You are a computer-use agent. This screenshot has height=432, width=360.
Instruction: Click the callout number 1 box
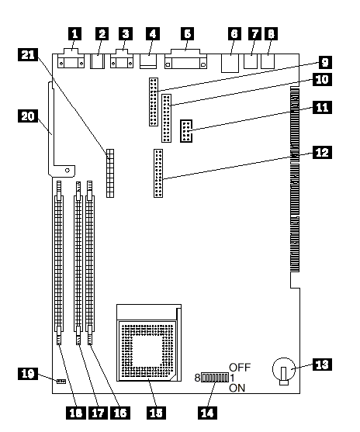click(x=74, y=33)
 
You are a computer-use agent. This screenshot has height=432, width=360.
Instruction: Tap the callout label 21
click(x=28, y=54)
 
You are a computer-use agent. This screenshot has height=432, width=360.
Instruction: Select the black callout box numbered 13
click(x=322, y=365)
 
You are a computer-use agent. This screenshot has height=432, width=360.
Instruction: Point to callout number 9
click(x=325, y=62)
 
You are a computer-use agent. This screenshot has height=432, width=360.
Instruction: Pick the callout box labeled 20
click(x=28, y=116)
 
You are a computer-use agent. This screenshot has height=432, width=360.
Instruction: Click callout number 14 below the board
click(x=208, y=413)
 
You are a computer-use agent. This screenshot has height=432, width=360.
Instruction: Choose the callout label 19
click(x=28, y=374)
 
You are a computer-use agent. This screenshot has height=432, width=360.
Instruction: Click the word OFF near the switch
click(x=240, y=368)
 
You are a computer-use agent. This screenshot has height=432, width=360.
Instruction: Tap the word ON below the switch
click(x=237, y=388)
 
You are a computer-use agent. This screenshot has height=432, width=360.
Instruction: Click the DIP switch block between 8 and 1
click(x=215, y=378)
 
